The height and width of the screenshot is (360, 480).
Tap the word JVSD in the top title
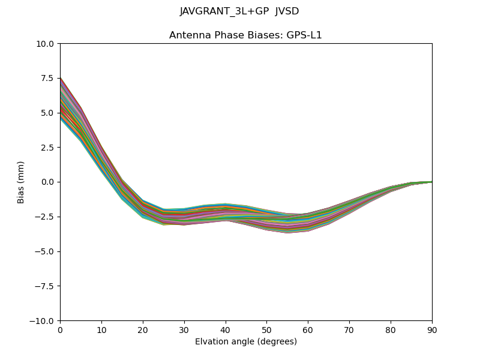click(x=287, y=11)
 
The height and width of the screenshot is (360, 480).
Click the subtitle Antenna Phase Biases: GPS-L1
click(x=245, y=35)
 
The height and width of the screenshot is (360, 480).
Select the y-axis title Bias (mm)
click(x=21, y=182)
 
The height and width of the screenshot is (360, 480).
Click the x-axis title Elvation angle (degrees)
click(x=245, y=342)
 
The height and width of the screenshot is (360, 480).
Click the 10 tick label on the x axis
click(x=101, y=329)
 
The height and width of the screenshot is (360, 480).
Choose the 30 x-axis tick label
click(x=184, y=329)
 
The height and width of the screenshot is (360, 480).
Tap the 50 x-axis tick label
click(x=266, y=329)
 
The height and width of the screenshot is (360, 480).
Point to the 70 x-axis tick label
click(x=349, y=329)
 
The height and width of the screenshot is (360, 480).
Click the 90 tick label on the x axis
click(x=431, y=329)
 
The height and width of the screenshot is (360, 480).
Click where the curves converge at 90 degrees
click(x=431, y=181)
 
